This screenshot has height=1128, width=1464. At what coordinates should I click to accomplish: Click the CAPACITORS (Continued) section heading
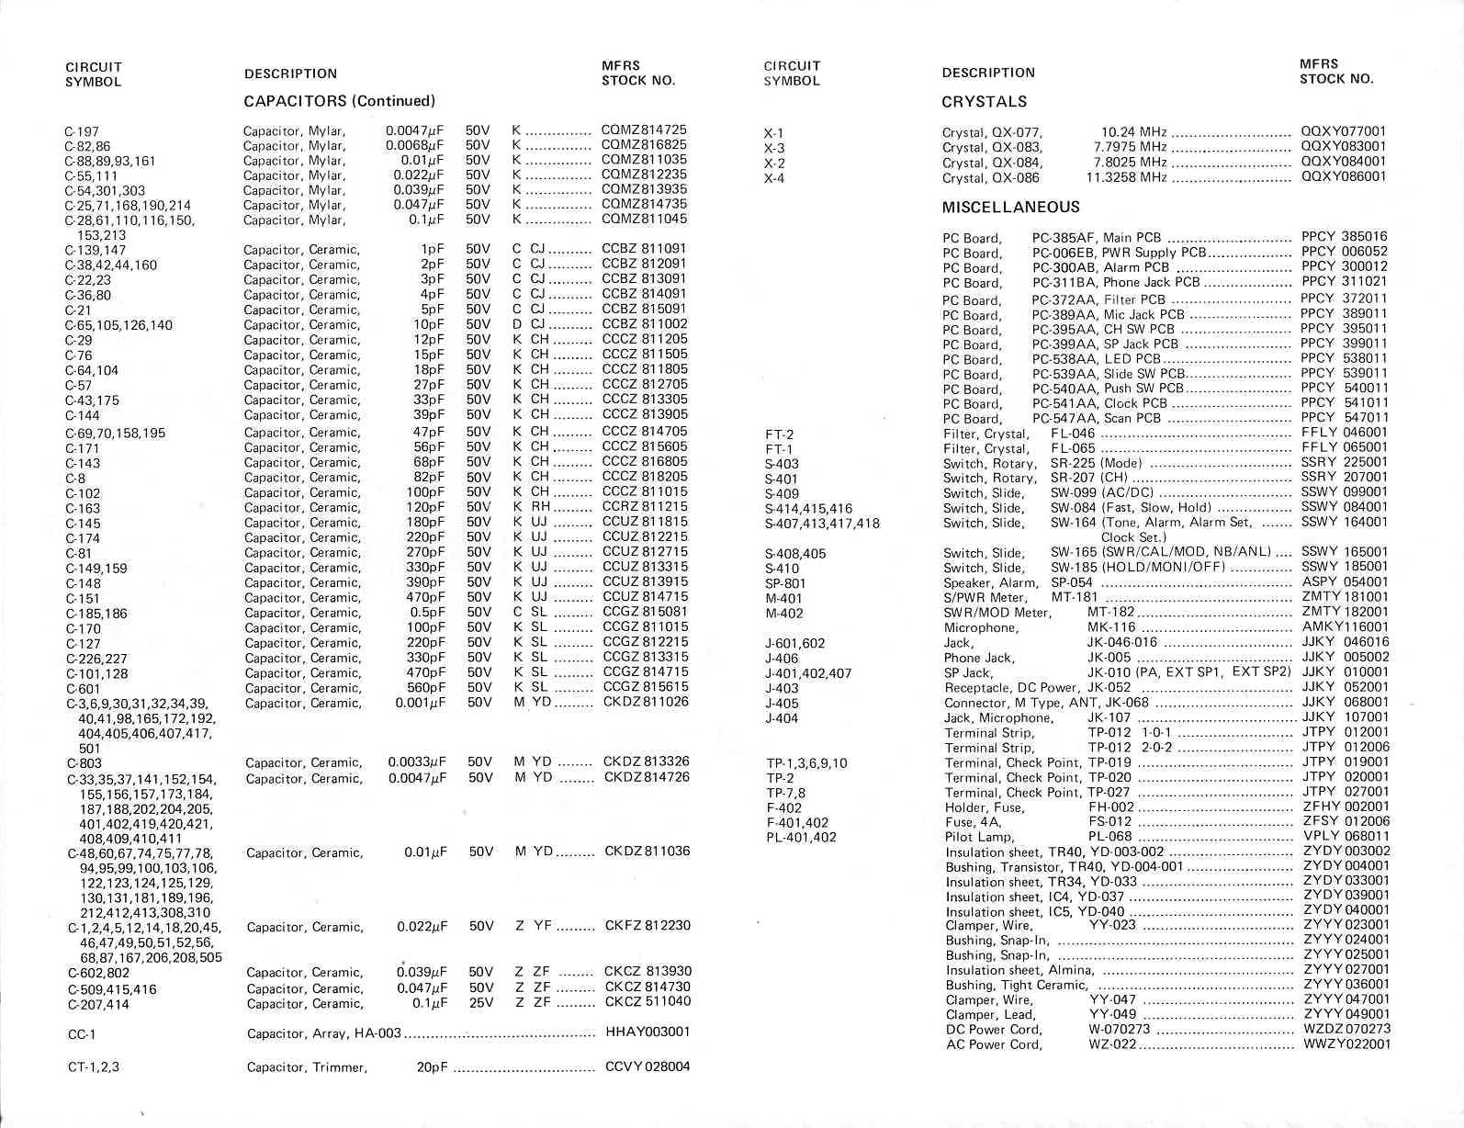(x=339, y=101)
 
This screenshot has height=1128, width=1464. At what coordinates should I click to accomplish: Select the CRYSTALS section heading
(x=984, y=101)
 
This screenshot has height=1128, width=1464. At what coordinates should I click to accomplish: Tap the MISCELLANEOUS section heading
(x=1010, y=208)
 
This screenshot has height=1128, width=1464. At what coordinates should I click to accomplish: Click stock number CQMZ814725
(x=644, y=130)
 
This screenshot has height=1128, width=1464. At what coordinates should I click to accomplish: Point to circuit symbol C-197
(x=82, y=131)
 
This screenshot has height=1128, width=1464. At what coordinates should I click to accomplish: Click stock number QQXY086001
(x=1343, y=177)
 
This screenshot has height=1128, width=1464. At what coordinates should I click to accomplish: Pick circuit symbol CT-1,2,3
(x=94, y=1066)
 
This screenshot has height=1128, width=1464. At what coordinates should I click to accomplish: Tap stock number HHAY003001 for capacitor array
(x=648, y=1032)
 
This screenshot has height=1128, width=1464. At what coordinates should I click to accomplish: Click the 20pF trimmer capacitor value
(x=430, y=1067)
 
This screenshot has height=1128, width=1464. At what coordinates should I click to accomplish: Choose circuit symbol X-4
(x=774, y=178)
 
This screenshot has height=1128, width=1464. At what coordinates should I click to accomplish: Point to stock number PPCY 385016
(x=1344, y=237)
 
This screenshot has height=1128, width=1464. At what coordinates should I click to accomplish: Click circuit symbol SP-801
(x=784, y=583)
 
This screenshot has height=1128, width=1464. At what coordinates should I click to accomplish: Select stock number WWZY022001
(x=1346, y=1044)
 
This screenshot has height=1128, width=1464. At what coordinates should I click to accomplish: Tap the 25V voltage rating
(x=481, y=1003)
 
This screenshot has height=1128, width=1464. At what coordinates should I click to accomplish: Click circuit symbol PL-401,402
(x=801, y=837)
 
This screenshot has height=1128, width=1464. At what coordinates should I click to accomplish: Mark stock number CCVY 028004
(x=648, y=1067)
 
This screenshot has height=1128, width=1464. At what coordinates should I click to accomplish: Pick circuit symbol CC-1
(x=82, y=1034)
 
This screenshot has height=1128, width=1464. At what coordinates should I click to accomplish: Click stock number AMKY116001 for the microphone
(x=1346, y=627)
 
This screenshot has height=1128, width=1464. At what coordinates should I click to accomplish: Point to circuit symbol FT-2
(x=779, y=434)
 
